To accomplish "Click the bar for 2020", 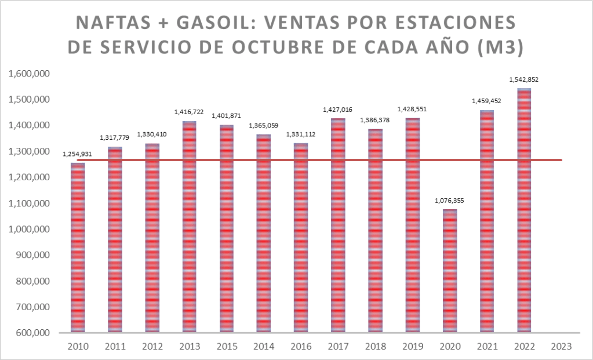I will pos(450,270).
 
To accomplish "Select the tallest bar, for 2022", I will pos(524,210).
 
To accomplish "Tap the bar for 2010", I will pos(78,248).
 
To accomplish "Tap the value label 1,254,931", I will pos(78,154).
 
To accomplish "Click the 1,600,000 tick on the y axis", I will pos(28,74).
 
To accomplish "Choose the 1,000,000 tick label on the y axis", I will pos(28,230).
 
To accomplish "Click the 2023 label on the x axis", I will pos(561,346).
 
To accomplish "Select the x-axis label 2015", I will pos(227,346).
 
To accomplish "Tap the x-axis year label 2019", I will pos(412,346).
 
